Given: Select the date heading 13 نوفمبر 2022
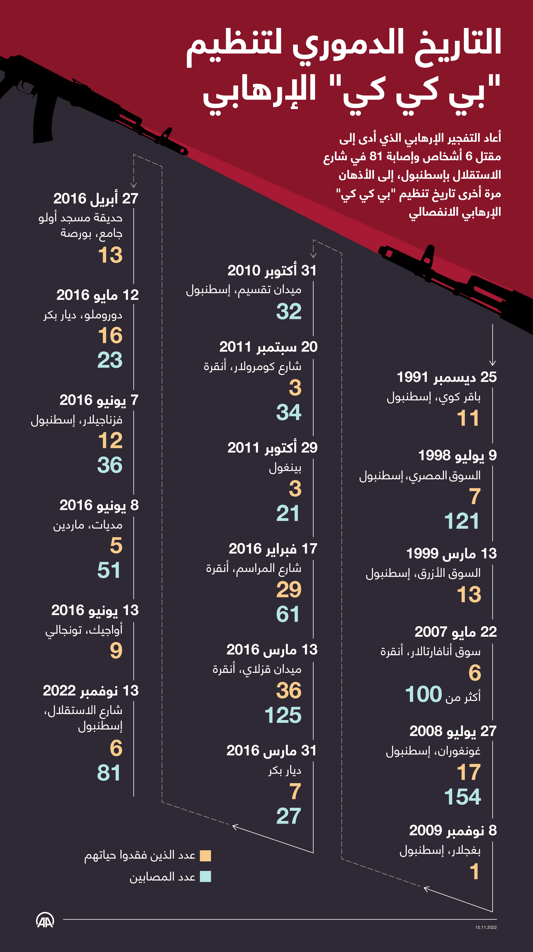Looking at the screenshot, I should pyautogui.click(x=91, y=690).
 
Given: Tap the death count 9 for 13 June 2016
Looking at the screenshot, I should pyautogui.click(x=116, y=650).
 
